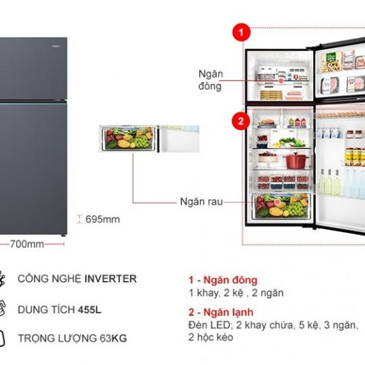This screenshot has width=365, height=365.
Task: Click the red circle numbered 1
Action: click(x=241, y=32)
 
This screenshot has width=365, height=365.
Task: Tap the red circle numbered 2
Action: click(x=241, y=121)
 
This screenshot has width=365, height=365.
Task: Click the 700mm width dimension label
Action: click(x=27, y=244)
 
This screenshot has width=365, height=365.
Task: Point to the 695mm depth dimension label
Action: click(x=102, y=219)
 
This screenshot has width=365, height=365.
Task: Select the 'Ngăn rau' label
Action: click(x=201, y=201)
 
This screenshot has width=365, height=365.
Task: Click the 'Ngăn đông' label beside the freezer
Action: click(x=210, y=80)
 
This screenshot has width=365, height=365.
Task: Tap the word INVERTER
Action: click(x=110, y=279)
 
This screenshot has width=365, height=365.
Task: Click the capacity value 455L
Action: click(x=90, y=310)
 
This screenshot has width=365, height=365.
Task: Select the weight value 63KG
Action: click(x=113, y=338)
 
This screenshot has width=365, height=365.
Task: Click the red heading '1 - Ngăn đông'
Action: click(x=223, y=280)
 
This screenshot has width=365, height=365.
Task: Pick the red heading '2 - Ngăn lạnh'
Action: click(x=221, y=312)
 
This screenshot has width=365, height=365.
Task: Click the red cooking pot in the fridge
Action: click(x=296, y=160)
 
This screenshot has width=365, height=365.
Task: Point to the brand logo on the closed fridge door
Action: click(x=55, y=46)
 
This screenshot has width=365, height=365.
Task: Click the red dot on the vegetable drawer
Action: click(x=277, y=201)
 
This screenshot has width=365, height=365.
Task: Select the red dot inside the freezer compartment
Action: click(x=281, y=81)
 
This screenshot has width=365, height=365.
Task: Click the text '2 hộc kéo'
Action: click(x=211, y=337)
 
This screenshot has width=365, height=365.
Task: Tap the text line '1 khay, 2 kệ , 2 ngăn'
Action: click(x=236, y=293)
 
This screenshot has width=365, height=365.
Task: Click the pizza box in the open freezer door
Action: click(x=331, y=62)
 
